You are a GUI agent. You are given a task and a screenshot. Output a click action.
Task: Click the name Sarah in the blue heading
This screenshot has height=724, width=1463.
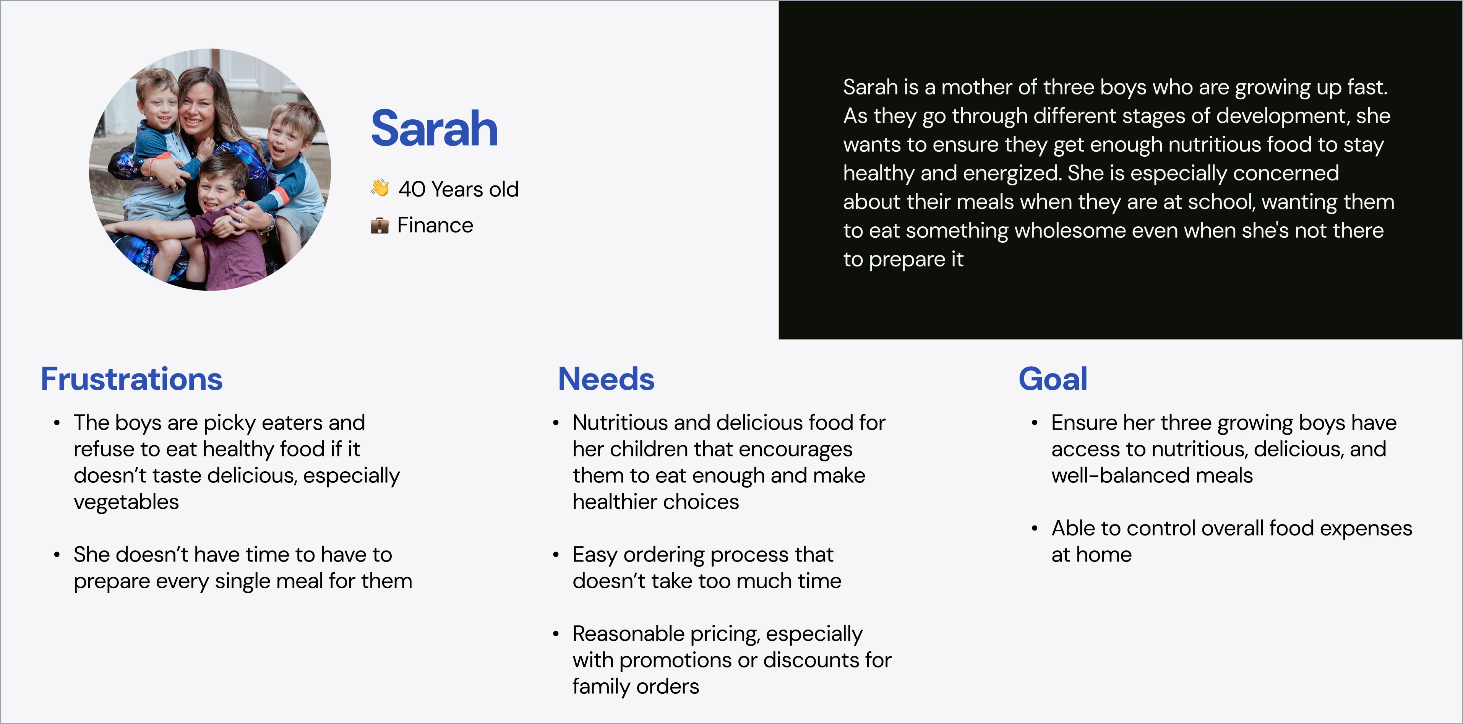click(435, 128)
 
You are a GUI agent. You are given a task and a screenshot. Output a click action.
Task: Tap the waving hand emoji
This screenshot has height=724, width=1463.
click(380, 188)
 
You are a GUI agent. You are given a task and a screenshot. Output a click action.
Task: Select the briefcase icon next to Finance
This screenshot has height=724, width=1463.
click(380, 226)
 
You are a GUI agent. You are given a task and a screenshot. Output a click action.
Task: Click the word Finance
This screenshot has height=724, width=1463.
click(435, 226)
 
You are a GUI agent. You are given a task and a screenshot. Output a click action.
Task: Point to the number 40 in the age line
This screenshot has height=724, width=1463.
click(412, 189)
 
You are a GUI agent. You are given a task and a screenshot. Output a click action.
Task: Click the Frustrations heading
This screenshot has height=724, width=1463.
click(132, 379)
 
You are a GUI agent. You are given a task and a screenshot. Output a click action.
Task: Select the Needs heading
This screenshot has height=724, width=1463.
click(607, 379)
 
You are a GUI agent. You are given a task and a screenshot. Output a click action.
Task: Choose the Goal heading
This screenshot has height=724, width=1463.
click(1053, 379)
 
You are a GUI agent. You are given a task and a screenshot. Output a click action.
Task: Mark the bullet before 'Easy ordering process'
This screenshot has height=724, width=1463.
click(556, 555)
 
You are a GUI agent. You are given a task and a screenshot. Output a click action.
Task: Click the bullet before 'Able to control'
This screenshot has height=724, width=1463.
click(1035, 529)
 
